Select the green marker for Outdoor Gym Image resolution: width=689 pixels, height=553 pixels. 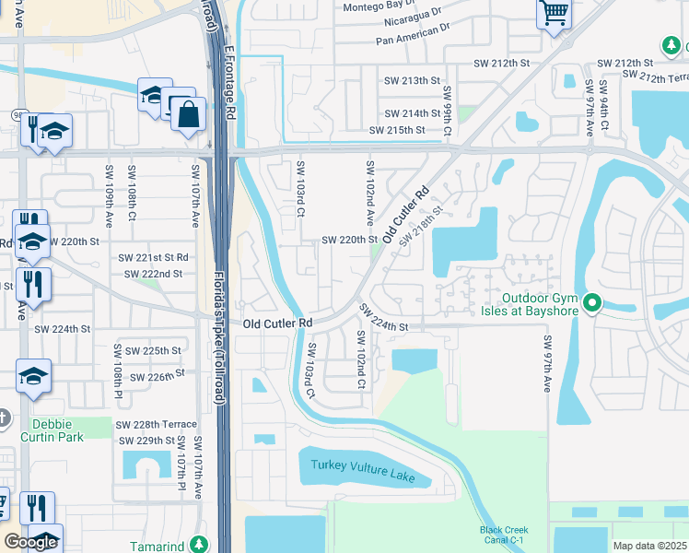click(592, 302)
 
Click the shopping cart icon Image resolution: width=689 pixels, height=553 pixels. click(554, 14)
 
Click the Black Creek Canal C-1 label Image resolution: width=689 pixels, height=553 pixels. click(504, 534)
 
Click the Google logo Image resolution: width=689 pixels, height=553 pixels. click(30, 542)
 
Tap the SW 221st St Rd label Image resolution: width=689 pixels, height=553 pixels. click(151, 257)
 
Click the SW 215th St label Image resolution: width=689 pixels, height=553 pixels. click(397, 130)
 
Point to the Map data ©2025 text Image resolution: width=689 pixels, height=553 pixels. click(649, 546)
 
